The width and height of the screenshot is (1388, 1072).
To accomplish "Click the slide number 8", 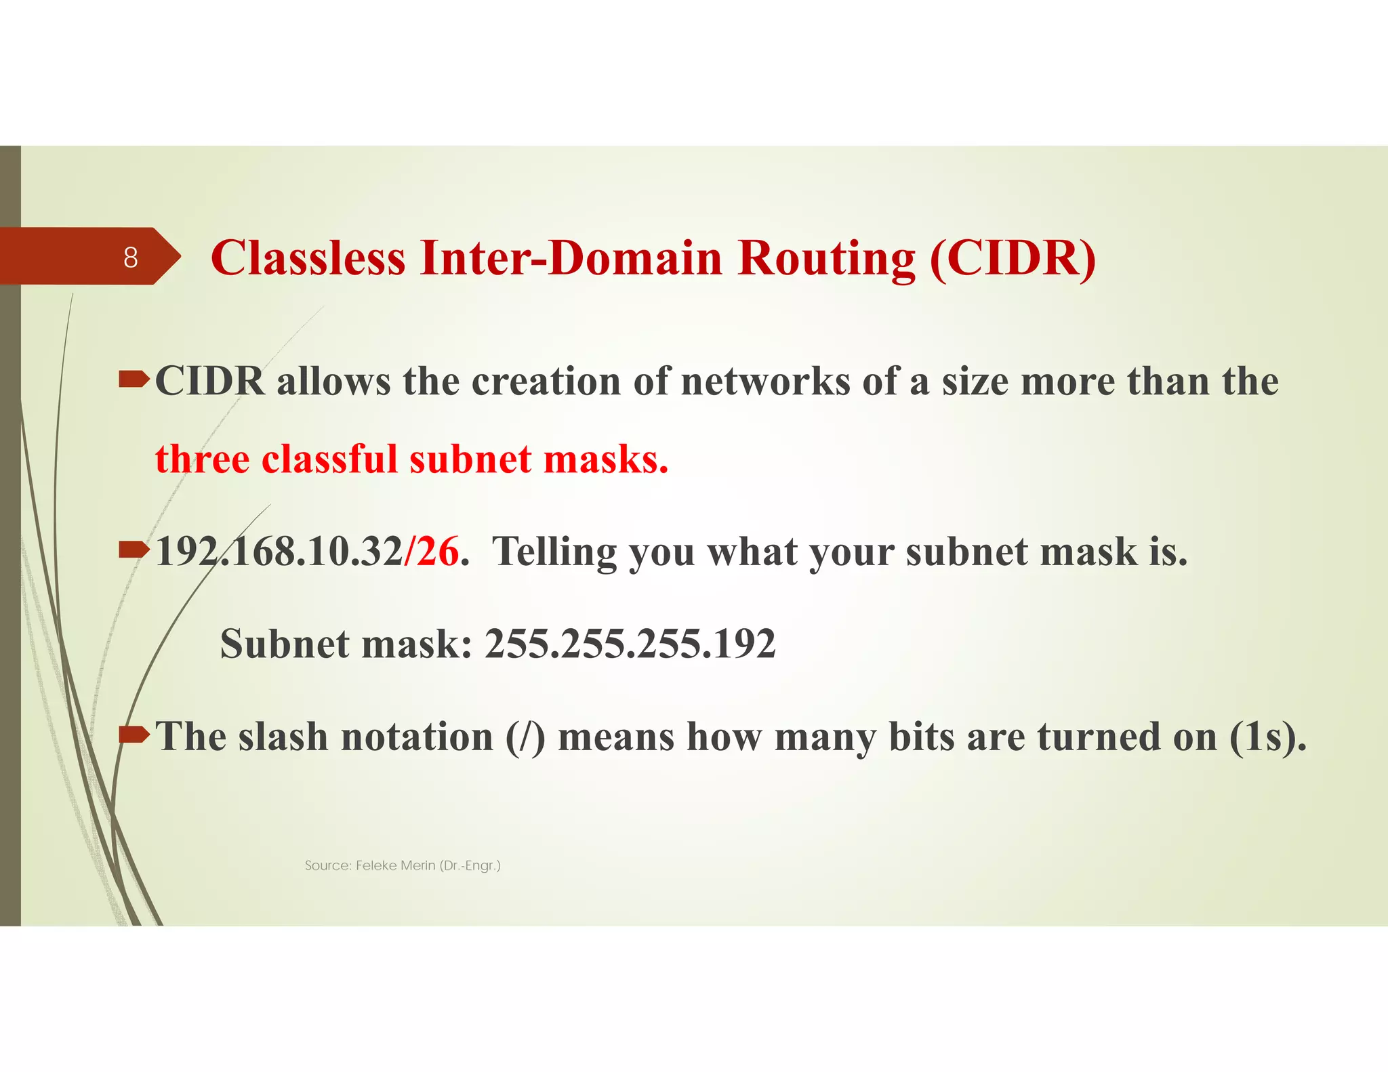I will pos(131,257).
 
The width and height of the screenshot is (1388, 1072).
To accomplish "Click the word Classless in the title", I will pos(308,258).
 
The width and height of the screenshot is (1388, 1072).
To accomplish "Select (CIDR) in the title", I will pos(1013,258).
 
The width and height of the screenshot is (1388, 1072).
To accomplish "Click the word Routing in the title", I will pos(826,260).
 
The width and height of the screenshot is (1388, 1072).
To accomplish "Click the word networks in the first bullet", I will pos(765,382).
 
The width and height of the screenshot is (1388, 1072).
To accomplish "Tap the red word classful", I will pos(329,459).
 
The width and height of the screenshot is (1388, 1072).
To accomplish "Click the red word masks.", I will pos(606,459).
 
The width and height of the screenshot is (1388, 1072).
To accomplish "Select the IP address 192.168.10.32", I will pos(279,552).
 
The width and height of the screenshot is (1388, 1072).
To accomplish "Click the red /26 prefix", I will pos(432,552).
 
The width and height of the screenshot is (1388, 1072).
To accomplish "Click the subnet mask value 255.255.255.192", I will pos(630,644).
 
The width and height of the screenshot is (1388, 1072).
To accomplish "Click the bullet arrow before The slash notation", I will pos(134,734).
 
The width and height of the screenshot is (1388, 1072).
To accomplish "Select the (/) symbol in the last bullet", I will pos(525,737).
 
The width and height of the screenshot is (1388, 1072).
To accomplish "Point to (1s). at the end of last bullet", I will pos(1267,737).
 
